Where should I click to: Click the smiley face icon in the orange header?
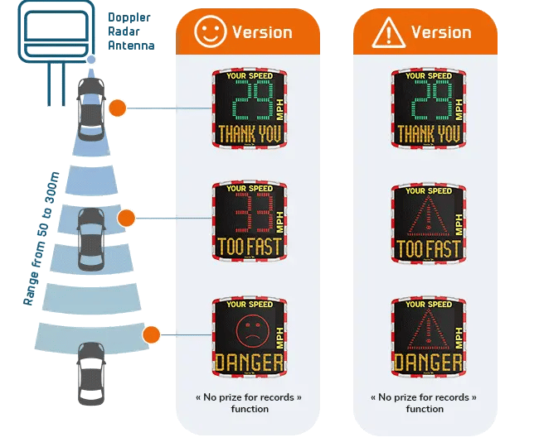[x=210, y=31]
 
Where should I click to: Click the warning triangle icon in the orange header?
[x=388, y=32]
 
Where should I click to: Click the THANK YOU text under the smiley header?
[x=249, y=134]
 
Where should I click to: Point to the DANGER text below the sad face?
[x=249, y=362]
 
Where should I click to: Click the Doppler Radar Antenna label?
[x=131, y=31]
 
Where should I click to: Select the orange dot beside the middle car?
[x=126, y=218]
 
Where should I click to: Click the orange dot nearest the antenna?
[x=117, y=108]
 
